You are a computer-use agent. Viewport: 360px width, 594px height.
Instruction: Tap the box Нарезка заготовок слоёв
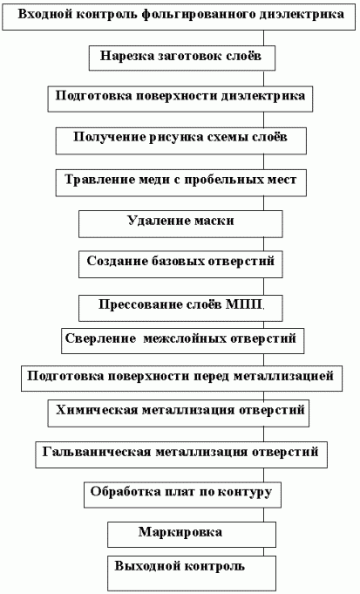tap(182, 58)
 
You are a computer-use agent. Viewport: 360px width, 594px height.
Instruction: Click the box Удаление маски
tap(180, 224)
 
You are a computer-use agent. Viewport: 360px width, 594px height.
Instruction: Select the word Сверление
tap(100, 338)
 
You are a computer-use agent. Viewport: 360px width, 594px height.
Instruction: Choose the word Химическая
tap(96, 410)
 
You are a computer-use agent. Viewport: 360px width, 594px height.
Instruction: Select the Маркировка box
tap(192, 535)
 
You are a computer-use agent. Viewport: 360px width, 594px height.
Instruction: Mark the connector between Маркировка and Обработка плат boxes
tap(264, 515)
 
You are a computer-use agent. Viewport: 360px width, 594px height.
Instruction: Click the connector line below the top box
tap(264, 38)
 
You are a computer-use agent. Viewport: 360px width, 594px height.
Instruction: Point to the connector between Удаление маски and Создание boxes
tap(264, 244)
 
